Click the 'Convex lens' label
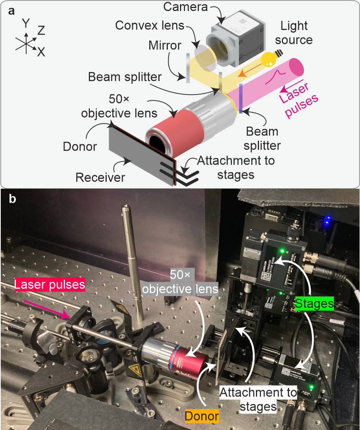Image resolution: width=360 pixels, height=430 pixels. [x=150, y=26]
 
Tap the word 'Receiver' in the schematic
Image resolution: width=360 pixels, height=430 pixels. [x=100, y=177]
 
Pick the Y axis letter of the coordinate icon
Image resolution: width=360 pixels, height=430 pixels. [x=26, y=24]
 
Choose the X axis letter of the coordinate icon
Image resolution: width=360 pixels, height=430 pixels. [x=41, y=52]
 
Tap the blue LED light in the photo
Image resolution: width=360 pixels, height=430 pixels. [x=326, y=220]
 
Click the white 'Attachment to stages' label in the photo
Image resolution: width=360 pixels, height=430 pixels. [x=258, y=399]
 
